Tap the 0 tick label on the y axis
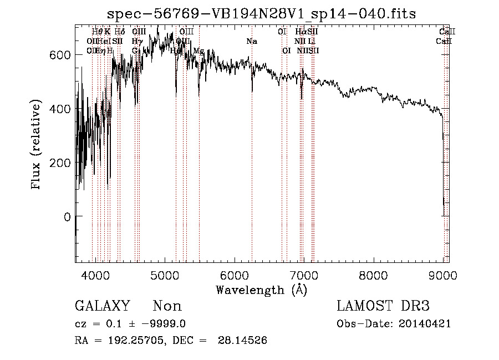click(x=68, y=217)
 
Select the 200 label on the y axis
click(x=62, y=163)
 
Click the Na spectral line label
click(x=252, y=41)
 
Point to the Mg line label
click(x=198, y=50)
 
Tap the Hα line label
click(x=300, y=32)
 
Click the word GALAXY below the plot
click(x=103, y=306)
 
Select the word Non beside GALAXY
click(x=167, y=306)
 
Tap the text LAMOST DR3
click(x=383, y=306)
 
